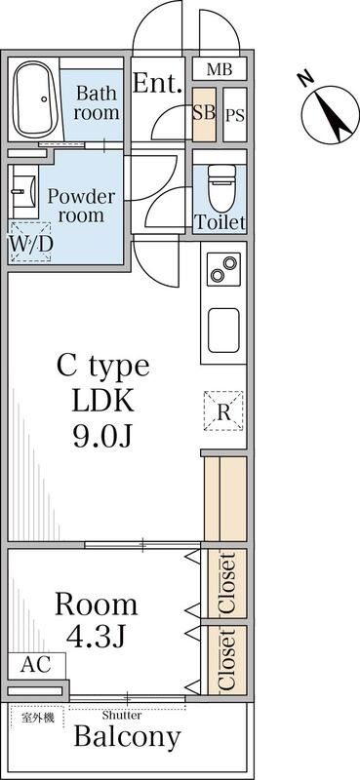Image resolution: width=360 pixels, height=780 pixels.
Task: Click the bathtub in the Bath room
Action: (x=35, y=99)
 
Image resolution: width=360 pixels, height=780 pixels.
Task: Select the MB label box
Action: (x=220, y=68)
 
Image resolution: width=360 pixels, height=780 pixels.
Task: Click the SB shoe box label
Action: (x=204, y=114)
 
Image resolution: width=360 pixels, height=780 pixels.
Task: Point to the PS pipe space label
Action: (x=235, y=115)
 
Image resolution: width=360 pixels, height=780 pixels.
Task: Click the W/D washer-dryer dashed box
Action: (x=30, y=242)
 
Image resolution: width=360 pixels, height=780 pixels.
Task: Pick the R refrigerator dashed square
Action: (x=223, y=410)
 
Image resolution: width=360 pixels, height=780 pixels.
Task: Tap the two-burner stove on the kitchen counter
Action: (x=223, y=269)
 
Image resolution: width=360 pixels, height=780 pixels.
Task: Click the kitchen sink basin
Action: (x=223, y=331)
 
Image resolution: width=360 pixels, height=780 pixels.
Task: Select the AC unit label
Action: (x=36, y=665)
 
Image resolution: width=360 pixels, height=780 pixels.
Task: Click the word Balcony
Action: (x=127, y=737)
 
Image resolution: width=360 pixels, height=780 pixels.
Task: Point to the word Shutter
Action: (x=122, y=716)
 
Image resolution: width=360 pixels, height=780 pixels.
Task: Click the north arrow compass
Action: (x=330, y=113)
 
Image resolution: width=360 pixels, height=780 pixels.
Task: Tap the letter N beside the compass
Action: (x=305, y=80)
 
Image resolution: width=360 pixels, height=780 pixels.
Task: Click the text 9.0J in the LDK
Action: (x=102, y=436)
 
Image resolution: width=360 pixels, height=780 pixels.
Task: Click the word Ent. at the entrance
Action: (x=157, y=83)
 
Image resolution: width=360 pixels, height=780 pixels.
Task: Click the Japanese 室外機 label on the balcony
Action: (x=37, y=718)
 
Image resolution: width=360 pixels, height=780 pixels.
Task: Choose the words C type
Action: (x=103, y=367)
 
